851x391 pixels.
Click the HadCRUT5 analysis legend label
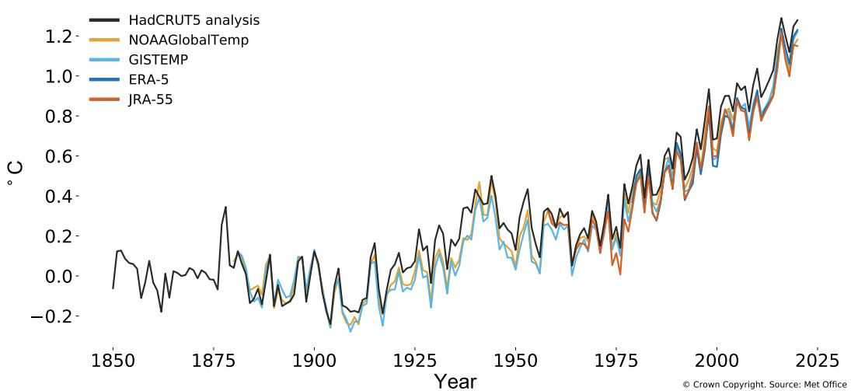click(x=194, y=20)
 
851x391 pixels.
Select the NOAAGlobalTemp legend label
click(x=188, y=40)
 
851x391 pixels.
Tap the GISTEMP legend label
click(x=159, y=60)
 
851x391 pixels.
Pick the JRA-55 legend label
click(x=151, y=99)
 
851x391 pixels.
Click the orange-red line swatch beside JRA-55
click(x=104, y=99)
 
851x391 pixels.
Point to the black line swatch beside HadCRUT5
click(x=104, y=20)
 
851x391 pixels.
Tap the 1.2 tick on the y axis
click(x=59, y=37)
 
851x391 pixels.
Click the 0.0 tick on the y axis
click(x=59, y=276)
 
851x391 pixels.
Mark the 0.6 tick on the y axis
click(x=59, y=156)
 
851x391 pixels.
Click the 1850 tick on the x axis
click(x=113, y=361)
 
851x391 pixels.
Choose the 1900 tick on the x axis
click(x=314, y=361)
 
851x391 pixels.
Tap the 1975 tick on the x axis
click(x=616, y=361)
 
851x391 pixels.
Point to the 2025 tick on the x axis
click(x=818, y=361)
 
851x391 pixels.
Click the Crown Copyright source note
click(x=764, y=384)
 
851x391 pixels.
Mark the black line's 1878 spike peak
click(x=225, y=207)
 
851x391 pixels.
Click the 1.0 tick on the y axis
click(x=59, y=76)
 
